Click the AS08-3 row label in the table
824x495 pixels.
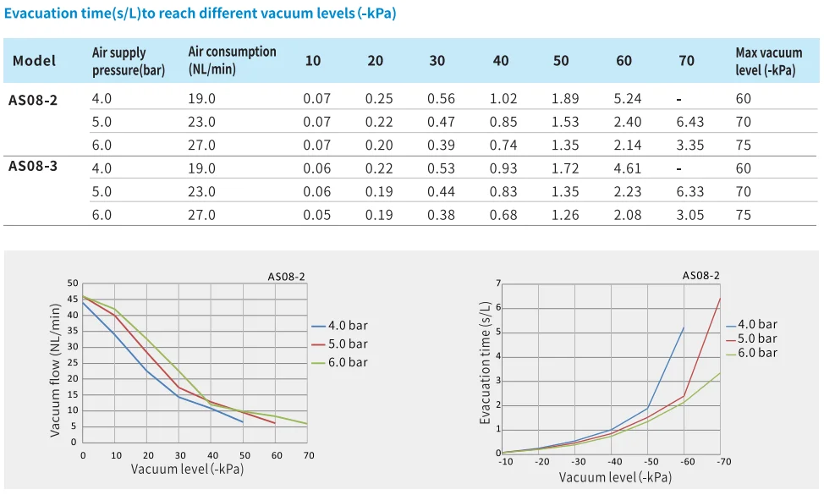point(33,166)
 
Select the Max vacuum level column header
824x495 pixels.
point(768,62)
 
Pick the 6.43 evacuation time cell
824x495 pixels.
point(690,122)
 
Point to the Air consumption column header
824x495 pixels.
point(232,61)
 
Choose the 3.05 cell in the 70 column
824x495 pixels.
point(690,215)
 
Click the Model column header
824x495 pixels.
point(35,61)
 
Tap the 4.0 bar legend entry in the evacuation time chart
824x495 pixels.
point(756,324)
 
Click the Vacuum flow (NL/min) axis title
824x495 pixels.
point(56,371)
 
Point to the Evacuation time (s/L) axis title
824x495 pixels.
point(486,365)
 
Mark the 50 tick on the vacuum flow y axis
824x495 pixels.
point(72,283)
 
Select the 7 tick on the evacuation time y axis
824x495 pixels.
point(498,283)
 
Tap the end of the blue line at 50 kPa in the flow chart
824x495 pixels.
point(243,421)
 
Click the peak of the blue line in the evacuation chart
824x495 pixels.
point(684,327)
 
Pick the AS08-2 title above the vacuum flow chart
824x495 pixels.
point(287,276)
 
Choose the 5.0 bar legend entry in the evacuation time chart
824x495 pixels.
point(756,338)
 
